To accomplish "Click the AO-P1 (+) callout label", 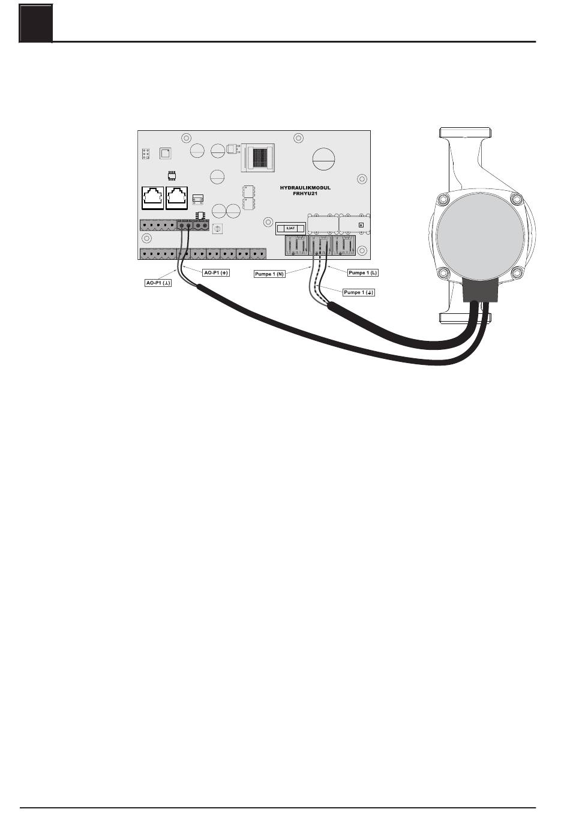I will tap(216, 272).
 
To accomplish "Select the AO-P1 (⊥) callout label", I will tap(159, 282).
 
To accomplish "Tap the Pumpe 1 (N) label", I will tap(269, 274).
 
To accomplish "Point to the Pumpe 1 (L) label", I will tap(364, 272).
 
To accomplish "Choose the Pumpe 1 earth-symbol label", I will tap(359, 292).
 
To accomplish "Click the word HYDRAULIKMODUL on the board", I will tap(305, 188).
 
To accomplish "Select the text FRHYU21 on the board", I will tap(305, 194).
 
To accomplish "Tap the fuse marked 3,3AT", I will tap(290, 229).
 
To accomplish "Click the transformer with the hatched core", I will tap(257, 157).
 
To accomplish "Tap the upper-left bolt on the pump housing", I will tap(442, 199).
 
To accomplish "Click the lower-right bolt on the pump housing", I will tap(515, 274).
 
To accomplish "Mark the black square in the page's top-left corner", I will tap(36, 23).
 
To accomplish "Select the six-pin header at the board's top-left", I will tap(146, 154).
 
